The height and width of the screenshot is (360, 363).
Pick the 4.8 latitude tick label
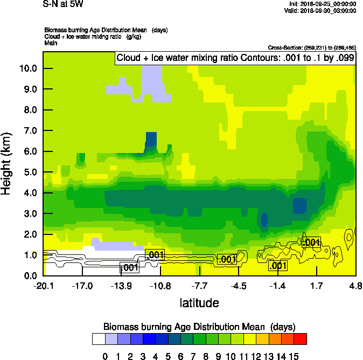[355, 286]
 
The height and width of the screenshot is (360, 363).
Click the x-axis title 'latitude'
[199, 303]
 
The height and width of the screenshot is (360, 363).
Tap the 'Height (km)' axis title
[7, 162]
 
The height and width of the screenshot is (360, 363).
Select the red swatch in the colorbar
[301, 338]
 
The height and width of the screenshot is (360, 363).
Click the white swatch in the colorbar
[98, 338]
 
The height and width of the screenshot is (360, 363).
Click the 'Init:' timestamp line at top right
[322, 4]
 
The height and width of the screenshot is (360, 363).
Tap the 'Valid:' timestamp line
[322, 10]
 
